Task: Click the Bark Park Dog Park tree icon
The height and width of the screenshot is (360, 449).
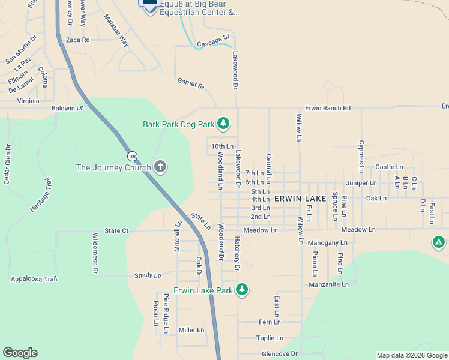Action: (223, 124)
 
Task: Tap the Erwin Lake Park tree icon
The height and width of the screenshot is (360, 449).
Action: (242, 290)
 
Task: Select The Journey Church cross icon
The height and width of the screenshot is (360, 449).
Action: (160, 167)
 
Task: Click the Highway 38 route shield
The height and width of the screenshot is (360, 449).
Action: (131, 155)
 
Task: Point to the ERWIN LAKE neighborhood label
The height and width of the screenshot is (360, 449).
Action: (300, 198)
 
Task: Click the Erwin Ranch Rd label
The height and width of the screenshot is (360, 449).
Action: (327, 108)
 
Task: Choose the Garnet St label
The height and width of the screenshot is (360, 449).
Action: (191, 83)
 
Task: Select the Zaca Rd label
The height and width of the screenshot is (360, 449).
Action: (77, 40)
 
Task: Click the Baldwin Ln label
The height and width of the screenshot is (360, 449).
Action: (68, 108)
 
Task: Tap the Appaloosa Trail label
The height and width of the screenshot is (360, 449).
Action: (34, 279)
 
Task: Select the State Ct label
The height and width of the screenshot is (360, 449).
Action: (116, 230)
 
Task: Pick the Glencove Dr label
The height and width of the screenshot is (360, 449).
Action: (280, 354)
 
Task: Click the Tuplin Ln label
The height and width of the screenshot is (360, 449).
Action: (269, 338)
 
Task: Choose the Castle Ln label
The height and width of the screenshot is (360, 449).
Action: (389, 167)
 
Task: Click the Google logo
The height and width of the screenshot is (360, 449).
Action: (20, 353)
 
